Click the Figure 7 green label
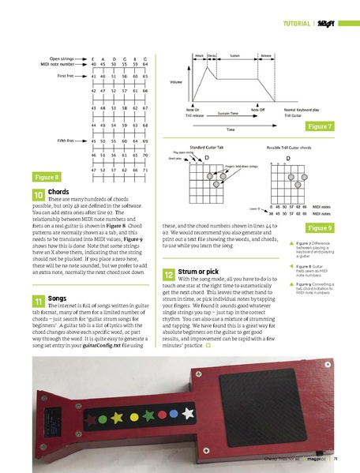320,126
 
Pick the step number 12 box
169,273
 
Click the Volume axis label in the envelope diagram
175,82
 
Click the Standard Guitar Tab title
208,147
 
